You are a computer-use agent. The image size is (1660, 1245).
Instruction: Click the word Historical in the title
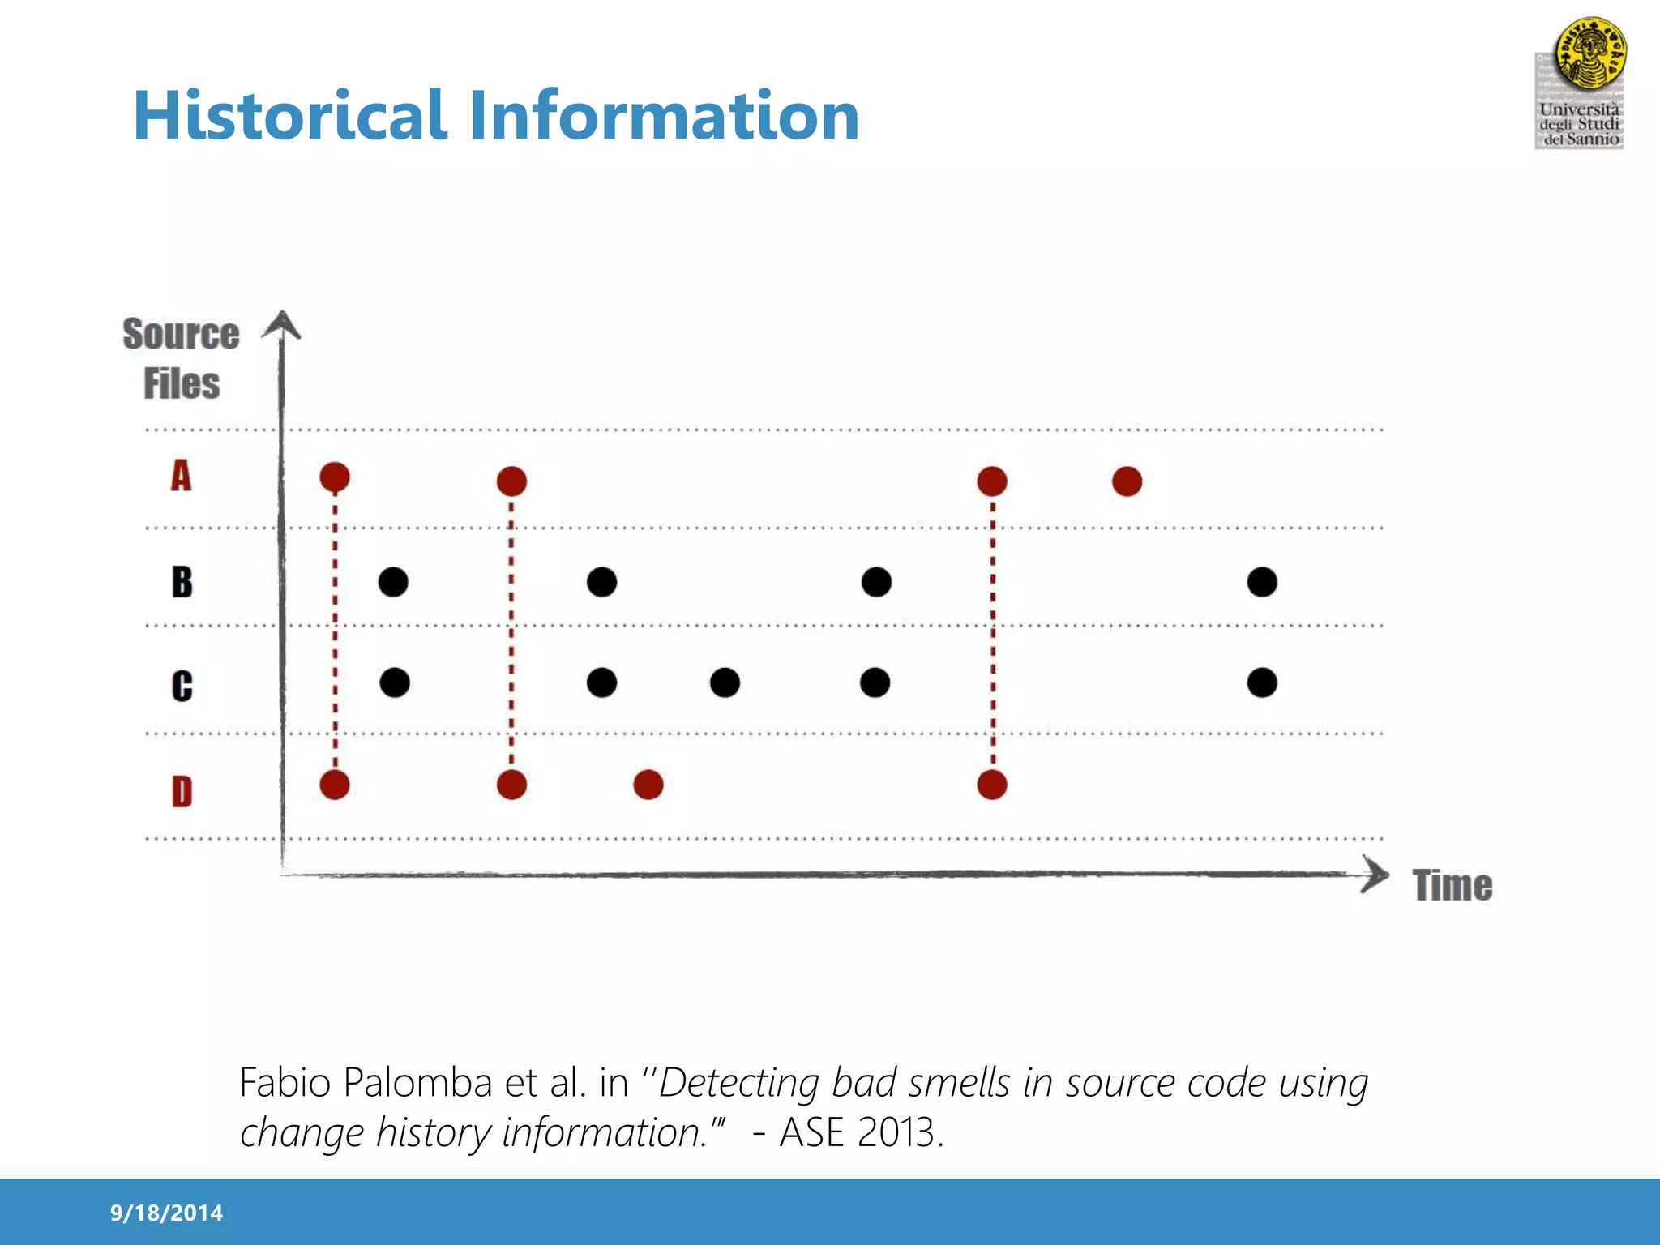pyautogui.click(x=290, y=116)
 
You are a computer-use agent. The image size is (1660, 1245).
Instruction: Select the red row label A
pyautogui.click(x=181, y=476)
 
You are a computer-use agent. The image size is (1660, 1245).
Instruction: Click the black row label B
pyautogui.click(x=182, y=582)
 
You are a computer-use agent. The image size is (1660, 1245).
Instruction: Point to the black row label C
pyautogui.click(x=182, y=686)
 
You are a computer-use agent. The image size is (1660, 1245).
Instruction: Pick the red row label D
pyautogui.click(x=182, y=791)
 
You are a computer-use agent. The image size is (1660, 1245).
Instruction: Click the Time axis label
pyautogui.click(x=1452, y=885)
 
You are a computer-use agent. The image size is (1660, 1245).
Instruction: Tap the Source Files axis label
pyautogui.click(x=182, y=358)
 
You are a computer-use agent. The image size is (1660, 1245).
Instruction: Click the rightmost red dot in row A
pyautogui.click(x=1127, y=481)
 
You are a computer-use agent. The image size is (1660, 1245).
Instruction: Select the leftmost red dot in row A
pyautogui.click(x=335, y=477)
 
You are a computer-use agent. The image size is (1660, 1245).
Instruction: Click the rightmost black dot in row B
pyautogui.click(x=1262, y=582)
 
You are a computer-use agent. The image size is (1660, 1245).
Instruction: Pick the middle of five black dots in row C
pyautogui.click(x=725, y=682)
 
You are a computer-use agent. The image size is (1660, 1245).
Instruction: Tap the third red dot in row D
pyautogui.click(x=648, y=785)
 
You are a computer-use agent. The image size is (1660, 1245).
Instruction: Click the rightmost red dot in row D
pyautogui.click(x=992, y=785)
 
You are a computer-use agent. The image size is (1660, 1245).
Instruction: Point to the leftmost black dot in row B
pyautogui.click(x=393, y=582)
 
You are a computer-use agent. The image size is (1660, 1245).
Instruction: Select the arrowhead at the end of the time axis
pyautogui.click(x=1375, y=875)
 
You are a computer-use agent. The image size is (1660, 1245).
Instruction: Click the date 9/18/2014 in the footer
pyautogui.click(x=166, y=1213)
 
